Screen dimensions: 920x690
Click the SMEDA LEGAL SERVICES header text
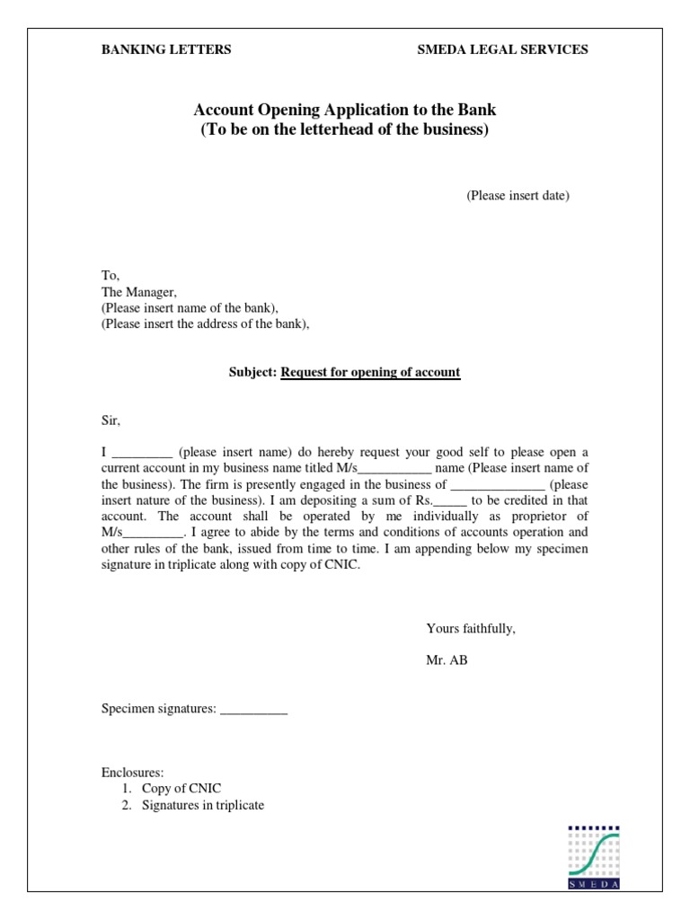tap(502, 50)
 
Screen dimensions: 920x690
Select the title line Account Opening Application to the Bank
tap(345, 111)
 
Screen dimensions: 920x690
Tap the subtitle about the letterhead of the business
tap(345, 130)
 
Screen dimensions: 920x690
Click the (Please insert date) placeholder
tap(517, 196)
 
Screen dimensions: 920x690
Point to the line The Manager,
tap(139, 292)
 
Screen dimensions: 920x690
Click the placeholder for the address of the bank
tap(205, 324)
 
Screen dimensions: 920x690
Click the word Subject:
tap(253, 373)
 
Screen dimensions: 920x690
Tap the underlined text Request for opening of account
tap(370, 373)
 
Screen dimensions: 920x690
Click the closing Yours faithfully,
tap(471, 629)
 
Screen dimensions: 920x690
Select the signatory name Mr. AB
tap(447, 661)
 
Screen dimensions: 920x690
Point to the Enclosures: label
tap(132, 773)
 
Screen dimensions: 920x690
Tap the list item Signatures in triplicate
tap(203, 805)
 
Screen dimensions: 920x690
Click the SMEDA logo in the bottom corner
tap(594, 857)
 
